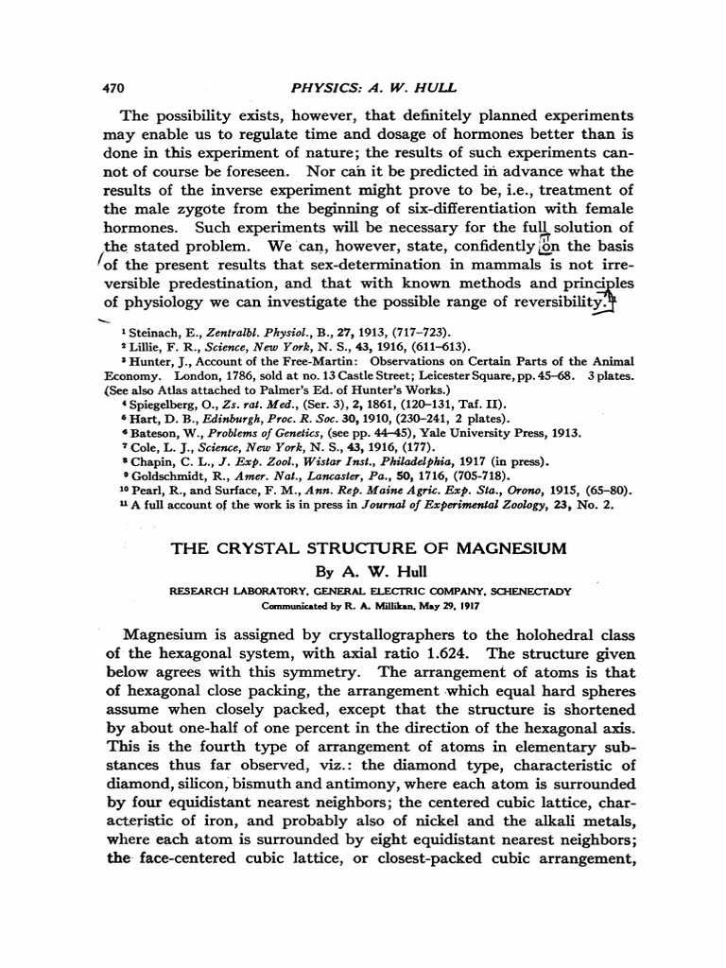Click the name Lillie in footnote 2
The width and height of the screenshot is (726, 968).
point(152,346)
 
